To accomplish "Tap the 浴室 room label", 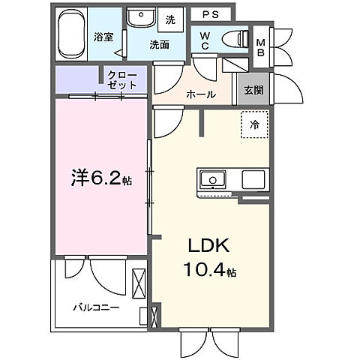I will (x=103, y=36).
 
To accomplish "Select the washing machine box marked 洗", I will (x=170, y=18).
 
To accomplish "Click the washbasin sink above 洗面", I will (x=140, y=18).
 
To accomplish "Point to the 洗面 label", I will (x=157, y=44).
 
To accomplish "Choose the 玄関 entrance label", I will (x=253, y=90).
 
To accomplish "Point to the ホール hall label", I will (x=202, y=94).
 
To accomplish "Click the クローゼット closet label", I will (x=122, y=81).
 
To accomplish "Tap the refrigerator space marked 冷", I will (x=254, y=125).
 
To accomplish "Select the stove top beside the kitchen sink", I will (x=253, y=180).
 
